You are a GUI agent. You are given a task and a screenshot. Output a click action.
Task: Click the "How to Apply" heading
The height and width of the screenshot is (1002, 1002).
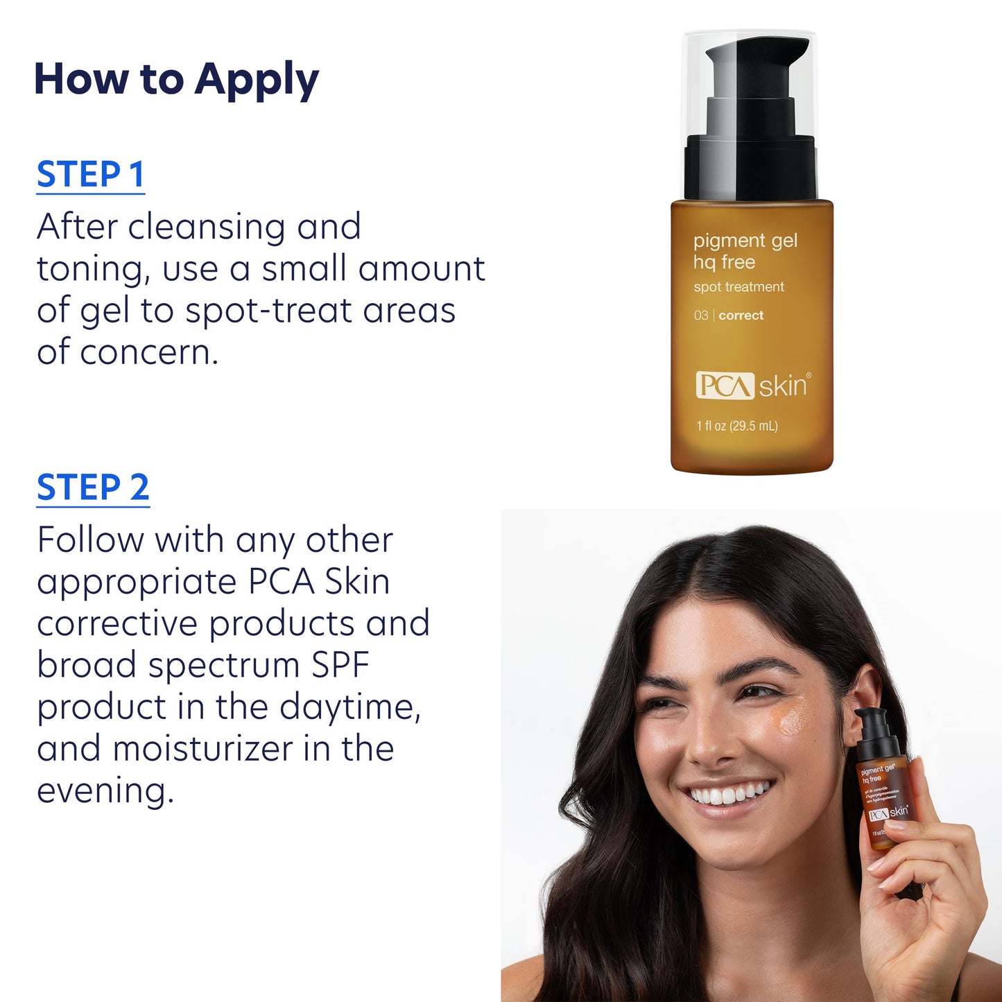(x=176, y=80)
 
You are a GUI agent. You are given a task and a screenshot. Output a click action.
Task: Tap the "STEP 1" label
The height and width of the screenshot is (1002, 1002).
(x=90, y=174)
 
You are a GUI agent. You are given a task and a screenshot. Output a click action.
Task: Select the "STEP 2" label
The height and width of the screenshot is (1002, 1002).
(x=93, y=487)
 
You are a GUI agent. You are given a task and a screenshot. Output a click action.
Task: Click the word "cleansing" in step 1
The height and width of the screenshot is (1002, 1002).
(x=207, y=227)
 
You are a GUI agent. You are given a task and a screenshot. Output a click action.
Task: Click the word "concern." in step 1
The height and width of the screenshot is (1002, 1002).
(x=149, y=352)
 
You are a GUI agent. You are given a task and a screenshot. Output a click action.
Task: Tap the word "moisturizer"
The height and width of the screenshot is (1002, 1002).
(x=203, y=749)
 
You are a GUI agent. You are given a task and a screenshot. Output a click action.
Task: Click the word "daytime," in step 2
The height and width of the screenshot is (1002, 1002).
(x=350, y=707)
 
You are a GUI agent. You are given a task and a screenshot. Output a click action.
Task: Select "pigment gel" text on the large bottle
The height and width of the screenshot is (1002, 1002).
(x=745, y=241)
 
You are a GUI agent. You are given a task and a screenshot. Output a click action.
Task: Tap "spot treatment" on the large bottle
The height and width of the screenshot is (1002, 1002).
(x=738, y=287)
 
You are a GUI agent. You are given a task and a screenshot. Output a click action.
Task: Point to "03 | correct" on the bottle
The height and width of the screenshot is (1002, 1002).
(x=728, y=316)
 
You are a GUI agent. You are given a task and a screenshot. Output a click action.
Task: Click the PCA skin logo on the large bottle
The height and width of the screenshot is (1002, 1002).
(x=752, y=386)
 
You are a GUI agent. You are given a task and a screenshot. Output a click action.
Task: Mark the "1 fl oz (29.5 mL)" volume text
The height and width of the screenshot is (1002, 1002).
(x=737, y=426)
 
